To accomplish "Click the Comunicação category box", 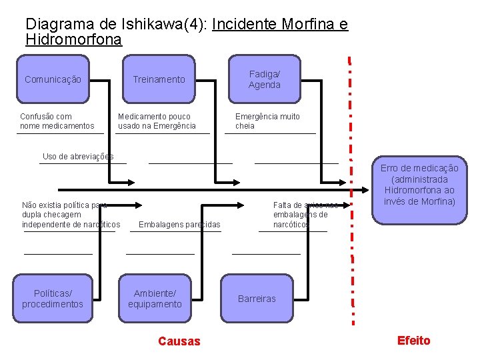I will [53, 79].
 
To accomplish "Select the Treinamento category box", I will [159, 79].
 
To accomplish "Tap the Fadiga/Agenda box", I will [265, 79].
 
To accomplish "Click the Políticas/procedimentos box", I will [53, 299].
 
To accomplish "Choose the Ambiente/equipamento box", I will [157, 299].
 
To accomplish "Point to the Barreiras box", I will [257, 299].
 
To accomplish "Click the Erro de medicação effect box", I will [419, 185].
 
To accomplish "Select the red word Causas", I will [179, 341].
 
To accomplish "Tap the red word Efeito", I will [413, 341].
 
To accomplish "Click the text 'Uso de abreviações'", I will [78, 157].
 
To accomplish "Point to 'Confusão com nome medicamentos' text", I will [57, 121].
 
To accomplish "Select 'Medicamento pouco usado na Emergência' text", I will [157, 121].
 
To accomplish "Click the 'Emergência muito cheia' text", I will [267, 121].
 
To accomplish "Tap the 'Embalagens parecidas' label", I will [179, 225].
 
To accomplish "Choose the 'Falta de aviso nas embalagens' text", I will [303, 215].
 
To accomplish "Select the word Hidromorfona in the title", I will [73, 39].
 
